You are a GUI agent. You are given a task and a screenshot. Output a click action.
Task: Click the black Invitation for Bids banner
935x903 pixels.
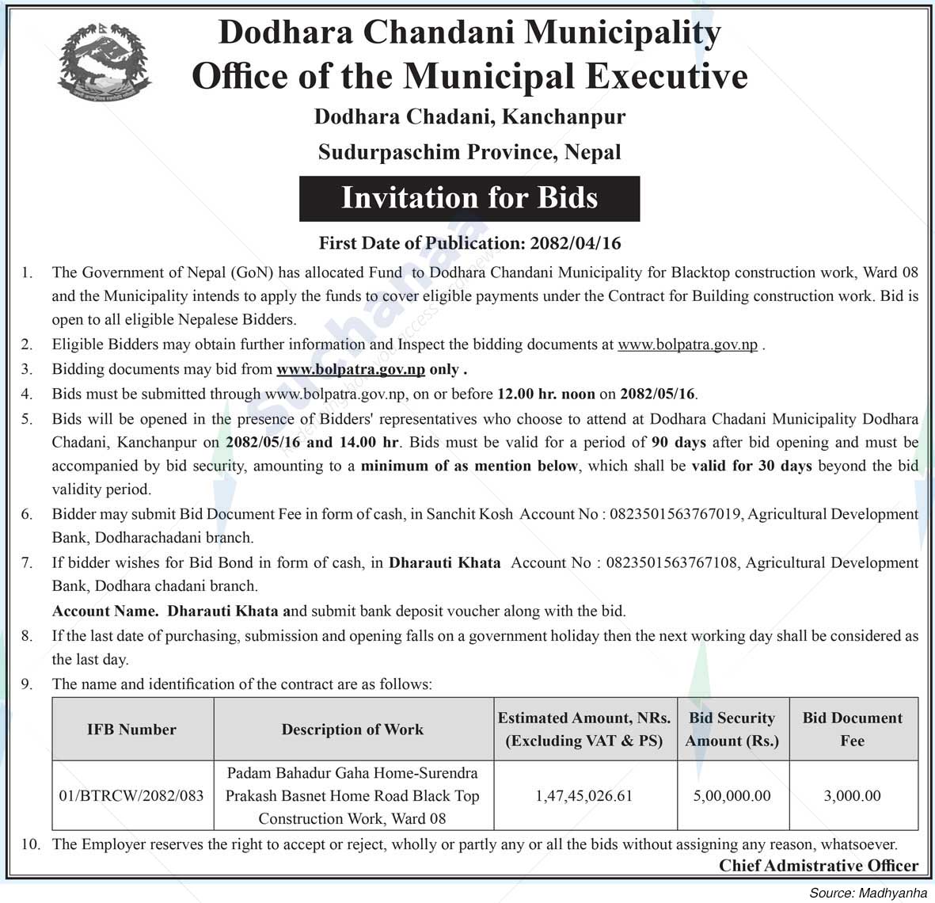click(x=469, y=198)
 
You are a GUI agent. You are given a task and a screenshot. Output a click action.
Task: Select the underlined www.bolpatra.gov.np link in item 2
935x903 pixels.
click(x=687, y=345)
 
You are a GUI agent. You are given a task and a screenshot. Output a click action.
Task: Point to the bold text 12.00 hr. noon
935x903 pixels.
click(x=545, y=394)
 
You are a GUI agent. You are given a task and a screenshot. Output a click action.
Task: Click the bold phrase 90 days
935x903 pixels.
click(x=678, y=442)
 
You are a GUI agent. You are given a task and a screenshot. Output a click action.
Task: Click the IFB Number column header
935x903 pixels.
click(x=131, y=730)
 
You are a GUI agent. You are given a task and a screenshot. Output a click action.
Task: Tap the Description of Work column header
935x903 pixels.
click(x=352, y=730)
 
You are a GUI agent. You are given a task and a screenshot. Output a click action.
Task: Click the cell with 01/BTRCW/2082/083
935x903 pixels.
click(x=131, y=795)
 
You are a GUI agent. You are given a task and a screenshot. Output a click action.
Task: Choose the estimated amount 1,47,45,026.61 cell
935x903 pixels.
click(x=584, y=795)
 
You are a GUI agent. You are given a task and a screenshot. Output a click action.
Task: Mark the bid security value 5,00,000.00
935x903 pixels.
click(x=732, y=795)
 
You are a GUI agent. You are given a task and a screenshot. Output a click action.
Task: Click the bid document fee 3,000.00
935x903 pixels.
click(x=852, y=795)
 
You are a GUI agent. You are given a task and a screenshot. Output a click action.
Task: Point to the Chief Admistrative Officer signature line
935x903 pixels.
click(x=819, y=866)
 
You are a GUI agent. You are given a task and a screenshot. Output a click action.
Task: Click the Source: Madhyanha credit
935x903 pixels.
click(x=868, y=893)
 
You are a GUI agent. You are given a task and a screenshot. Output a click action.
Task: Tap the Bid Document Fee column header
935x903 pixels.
click(x=852, y=729)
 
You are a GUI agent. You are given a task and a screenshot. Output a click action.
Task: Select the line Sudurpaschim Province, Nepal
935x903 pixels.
click(x=469, y=152)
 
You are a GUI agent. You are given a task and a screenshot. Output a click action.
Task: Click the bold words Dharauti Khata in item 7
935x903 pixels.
click(x=444, y=562)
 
